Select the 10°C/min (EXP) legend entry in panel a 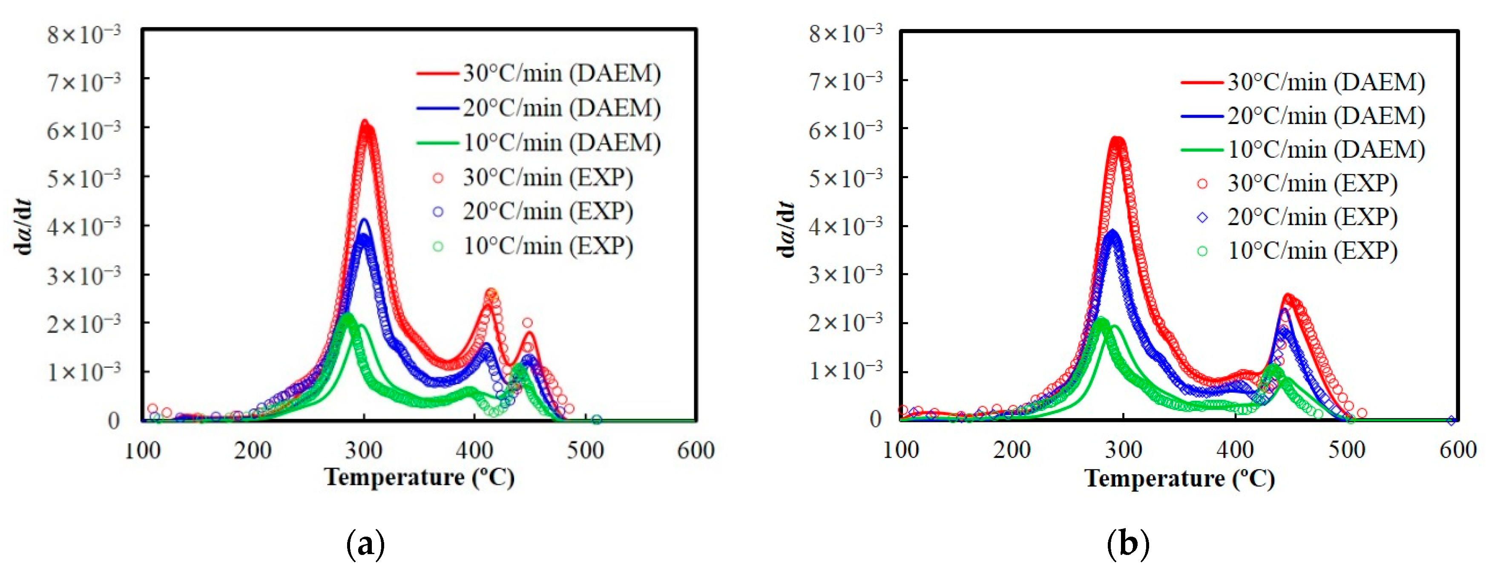point(534,246)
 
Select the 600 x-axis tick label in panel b point(1457,450)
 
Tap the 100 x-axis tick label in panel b point(901,450)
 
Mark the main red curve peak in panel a point(365,121)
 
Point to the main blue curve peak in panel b point(1112,231)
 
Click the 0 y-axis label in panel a point(114,421)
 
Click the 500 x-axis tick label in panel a point(585,450)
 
